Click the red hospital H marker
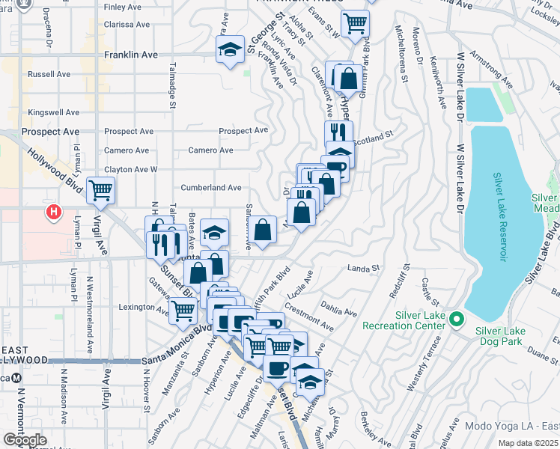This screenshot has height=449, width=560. point(53,213)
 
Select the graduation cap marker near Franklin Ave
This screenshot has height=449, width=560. point(230,50)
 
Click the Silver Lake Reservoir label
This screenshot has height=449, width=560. point(500,218)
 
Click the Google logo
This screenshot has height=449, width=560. point(25,441)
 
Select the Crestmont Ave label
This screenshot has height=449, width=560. point(309,317)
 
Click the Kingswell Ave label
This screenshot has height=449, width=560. point(53,112)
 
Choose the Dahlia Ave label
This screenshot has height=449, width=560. point(335,310)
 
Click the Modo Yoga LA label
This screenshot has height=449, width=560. point(509,426)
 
